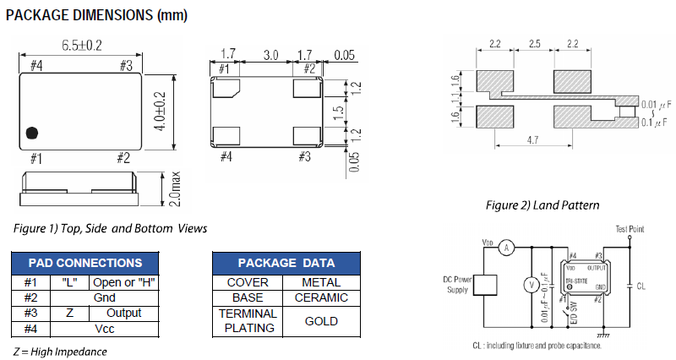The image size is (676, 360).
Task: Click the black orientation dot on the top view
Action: coord(33,133)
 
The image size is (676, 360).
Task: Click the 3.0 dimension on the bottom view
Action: coord(270,55)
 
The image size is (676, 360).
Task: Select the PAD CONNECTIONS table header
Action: coord(85,263)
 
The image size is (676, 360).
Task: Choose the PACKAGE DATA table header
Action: coord(286,263)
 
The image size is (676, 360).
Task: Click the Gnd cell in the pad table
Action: coord(105,297)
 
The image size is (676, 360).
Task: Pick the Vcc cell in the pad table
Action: coord(105,329)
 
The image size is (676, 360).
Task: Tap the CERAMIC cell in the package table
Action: coord(321,297)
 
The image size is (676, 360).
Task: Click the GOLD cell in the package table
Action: coord(321,321)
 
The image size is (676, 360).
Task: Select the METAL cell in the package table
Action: coord(321,282)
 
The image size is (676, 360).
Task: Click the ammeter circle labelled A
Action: coord(506,248)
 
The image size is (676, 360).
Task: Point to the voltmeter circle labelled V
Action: coord(532,286)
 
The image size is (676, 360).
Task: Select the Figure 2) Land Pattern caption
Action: coord(542,205)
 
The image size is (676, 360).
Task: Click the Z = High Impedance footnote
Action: coord(59,351)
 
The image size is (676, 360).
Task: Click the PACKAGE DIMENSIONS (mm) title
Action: coord(97,15)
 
